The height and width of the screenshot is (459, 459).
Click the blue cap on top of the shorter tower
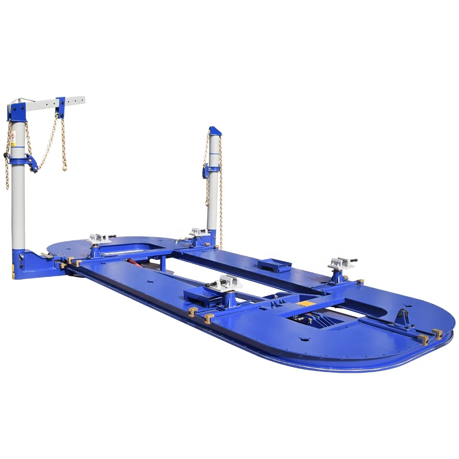click(x=214, y=131)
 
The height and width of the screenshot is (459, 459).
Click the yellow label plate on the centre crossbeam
click(x=303, y=303)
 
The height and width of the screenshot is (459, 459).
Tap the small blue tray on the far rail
click(x=274, y=265)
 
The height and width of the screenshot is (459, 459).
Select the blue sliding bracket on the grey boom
click(x=61, y=107)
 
